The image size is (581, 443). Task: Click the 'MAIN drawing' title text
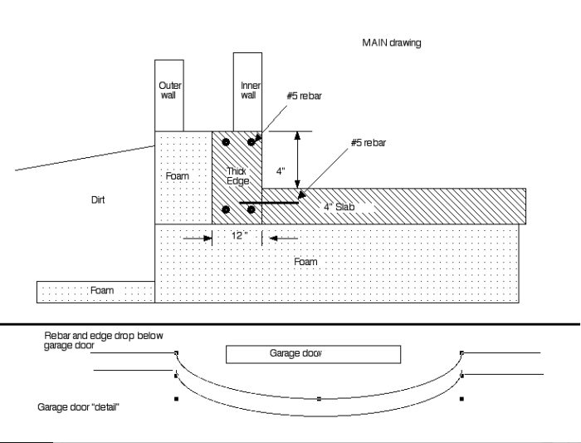[x=391, y=43]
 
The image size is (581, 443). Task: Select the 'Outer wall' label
[x=170, y=90]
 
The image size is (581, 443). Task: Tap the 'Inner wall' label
[x=249, y=90]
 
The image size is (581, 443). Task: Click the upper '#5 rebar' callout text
[x=303, y=96]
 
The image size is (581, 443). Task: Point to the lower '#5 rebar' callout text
[x=368, y=142]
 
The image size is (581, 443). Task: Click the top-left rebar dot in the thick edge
[x=226, y=142]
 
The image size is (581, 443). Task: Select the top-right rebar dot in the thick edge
[x=251, y=142]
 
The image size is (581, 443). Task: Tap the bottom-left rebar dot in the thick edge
[x=226, y=209]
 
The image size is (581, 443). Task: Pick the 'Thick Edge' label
[x=237, y=175]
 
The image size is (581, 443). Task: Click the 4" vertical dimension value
[x=281, y=171]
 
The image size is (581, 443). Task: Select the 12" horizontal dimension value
[x=239, y=236]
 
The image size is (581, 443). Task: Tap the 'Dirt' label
[x=98, y=199]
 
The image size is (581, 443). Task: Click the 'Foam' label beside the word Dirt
[x=178, y=175]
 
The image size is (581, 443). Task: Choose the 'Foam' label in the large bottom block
[x=305, y=262]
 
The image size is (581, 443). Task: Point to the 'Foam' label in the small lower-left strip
[x=102, y=291]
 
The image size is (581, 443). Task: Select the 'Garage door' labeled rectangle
[x=314, y=354]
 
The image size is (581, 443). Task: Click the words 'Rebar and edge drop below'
[x=104, y=335]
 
